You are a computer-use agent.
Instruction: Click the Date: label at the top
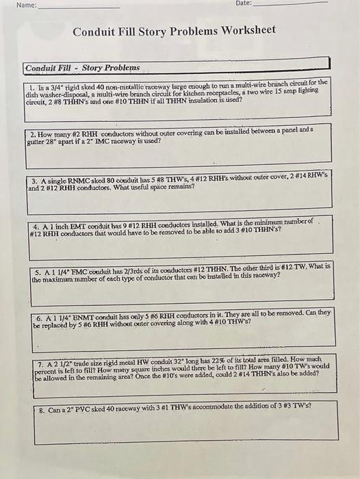pyautogui.click(x=244, y=4)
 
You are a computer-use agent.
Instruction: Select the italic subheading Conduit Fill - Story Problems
pyautogui.click(x=82, y=68)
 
